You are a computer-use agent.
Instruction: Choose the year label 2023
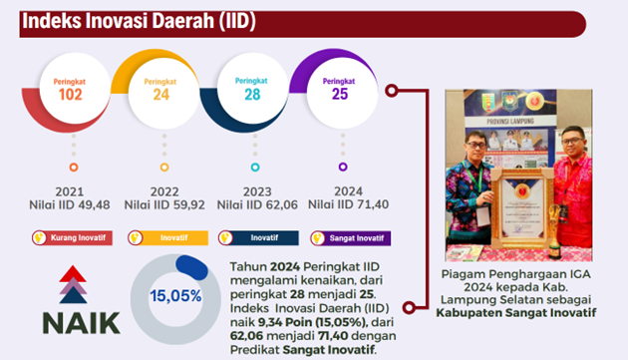click(255, 189)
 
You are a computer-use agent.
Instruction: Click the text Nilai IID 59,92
click(164, 204)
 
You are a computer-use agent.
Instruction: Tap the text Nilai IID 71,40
click(348, 204)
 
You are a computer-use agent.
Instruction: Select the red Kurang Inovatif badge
click(72, 238)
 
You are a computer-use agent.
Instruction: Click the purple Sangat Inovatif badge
click(351, 238)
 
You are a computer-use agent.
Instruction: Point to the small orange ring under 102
click(73, 167)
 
